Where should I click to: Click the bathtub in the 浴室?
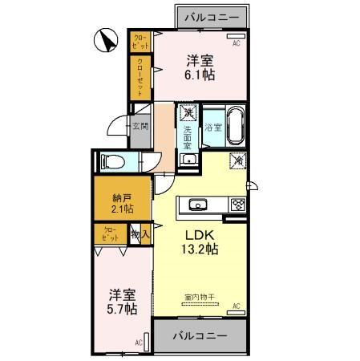point(236,126)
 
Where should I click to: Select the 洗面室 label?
point(187,133)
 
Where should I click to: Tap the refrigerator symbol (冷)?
point(238,160)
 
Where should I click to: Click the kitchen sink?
point(198,204)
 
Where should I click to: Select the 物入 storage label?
point(139,235)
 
